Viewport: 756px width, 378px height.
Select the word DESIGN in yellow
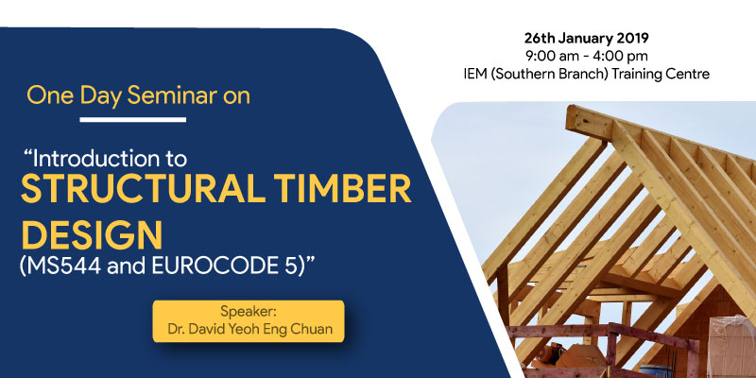(92, 234)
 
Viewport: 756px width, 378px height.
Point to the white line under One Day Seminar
(133, 120)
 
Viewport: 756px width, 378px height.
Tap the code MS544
(60, 266)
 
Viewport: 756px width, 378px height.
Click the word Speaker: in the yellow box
(249, 310)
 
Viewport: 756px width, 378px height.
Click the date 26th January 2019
(586, 38)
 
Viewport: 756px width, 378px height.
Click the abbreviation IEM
(475, 75)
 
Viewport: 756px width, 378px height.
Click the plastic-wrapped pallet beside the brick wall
(730, 345)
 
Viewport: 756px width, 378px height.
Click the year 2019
(634, 38)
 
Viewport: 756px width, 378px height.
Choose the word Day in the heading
(101, 96)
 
